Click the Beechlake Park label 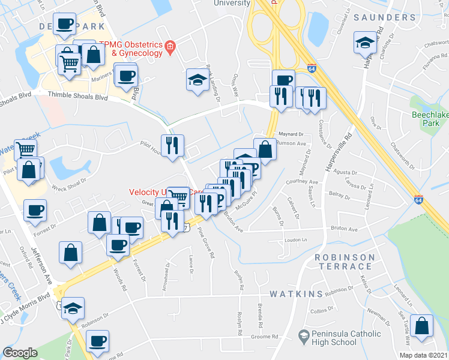coord(426,118)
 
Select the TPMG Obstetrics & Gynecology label coord(130,49)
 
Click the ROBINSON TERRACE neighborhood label coord(345,262)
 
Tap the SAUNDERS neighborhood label coord(385,18)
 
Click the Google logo coord(20,352)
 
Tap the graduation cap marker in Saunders coord(364,43)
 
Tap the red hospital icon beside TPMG coord(170,46)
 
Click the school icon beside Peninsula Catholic coord(304,334)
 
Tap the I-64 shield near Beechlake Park coord(418,199)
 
